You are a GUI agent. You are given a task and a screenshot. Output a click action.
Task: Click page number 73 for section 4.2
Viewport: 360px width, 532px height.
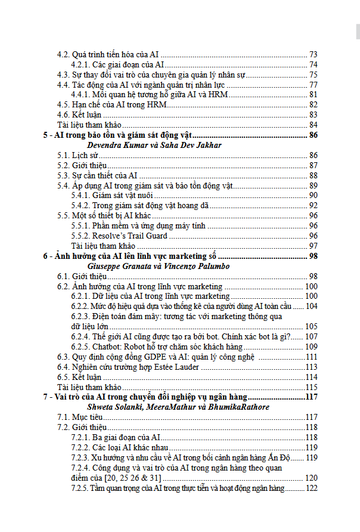pos(313,54)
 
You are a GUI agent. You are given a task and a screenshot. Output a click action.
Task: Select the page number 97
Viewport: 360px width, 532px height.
pos(313,246)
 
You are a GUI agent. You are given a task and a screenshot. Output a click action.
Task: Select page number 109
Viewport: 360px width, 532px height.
pos(311,347)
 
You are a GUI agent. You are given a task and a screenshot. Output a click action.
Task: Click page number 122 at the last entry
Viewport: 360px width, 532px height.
pos(311,488)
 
